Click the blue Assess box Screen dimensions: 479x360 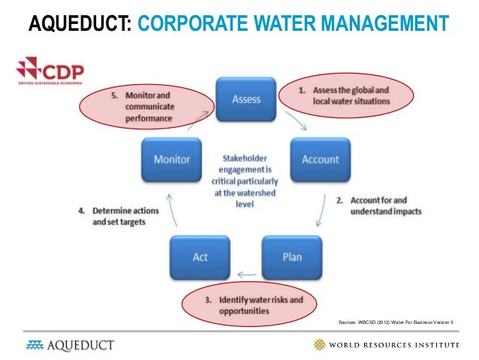246,98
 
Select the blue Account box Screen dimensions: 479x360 321,159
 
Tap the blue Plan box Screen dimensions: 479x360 291,257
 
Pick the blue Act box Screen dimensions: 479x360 200,257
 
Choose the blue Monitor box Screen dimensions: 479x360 172,159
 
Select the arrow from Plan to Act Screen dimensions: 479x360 245,274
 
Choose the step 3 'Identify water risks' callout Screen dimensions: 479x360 255,305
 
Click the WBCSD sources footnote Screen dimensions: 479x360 397,322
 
